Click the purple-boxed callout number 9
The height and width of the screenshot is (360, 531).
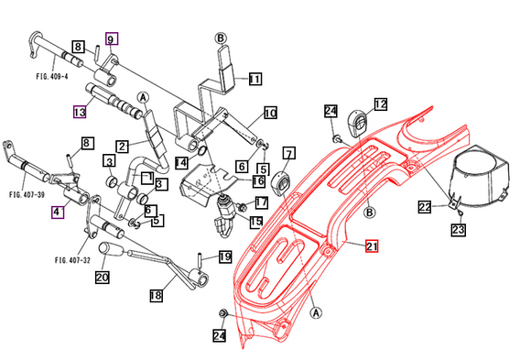[112, 39]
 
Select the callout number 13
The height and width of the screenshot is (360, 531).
[80, 112]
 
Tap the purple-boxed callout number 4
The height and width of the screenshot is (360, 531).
[58, 213]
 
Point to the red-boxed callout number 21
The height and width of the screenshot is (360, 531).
[371, 245]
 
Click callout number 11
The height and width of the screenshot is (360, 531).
[254, 80]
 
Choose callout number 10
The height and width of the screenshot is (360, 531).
[270, 113]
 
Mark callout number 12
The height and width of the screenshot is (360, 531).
[380, 104]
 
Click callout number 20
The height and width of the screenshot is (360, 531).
[102, 278]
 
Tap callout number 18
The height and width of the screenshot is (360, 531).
[157, 295]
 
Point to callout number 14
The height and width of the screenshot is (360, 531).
[181, 162]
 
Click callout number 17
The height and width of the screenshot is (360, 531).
[261, 202]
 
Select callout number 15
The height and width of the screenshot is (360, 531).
[256, 221]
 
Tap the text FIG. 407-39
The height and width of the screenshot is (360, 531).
[27, 195]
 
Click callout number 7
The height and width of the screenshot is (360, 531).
[288, 152]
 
